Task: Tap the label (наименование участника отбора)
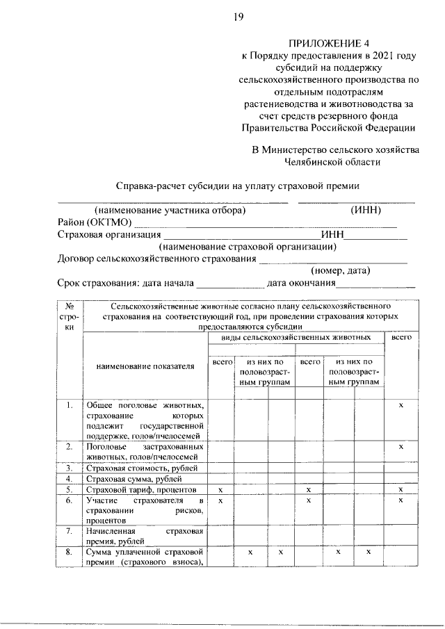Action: [x=170, y=210]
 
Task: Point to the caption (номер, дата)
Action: [x=340, y=270]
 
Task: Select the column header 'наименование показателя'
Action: [x=145, y=366]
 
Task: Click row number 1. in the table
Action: [x=70, y=405]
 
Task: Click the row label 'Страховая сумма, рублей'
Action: [x=132, y=479]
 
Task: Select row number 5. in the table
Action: [x=70, y=490]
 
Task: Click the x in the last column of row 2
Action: [x=400, y=446]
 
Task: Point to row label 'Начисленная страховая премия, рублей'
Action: [x=144, y=536]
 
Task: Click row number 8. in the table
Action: [x=70, y=552]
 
